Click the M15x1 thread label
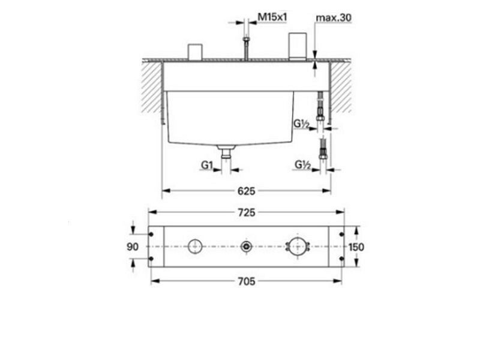[272, 17]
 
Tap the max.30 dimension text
[334, 18]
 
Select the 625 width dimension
[247, 191]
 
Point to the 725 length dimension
[247, 212]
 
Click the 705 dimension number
[247, 281]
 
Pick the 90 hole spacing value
[133, 247]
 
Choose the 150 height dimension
[356, 247]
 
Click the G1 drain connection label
[207, 166]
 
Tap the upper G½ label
[302, 124]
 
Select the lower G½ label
[303, 164]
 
